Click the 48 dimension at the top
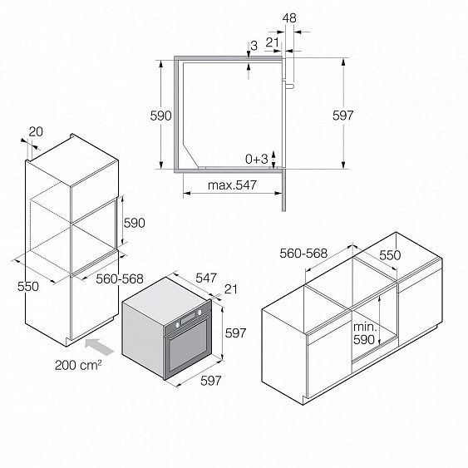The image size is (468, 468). [289, 18]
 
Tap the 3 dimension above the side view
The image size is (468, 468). [254, 46]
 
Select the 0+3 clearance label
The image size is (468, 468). [256, 159]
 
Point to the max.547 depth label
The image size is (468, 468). [232, 185]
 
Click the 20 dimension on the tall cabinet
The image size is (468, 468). [36, 131]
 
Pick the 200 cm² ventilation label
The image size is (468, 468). [78, 365]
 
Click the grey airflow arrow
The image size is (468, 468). [100, 347]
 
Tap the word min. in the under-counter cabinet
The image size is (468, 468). [365, 328]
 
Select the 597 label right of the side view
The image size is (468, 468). [343, 116]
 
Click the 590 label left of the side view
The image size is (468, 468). [160, 116]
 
